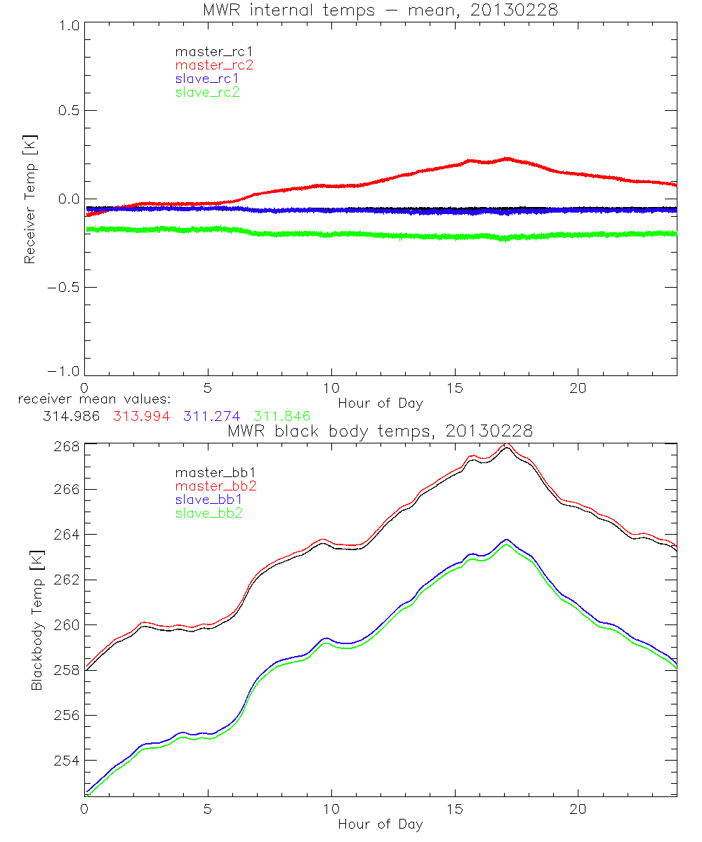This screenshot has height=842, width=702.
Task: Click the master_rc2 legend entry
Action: [x=213, y=65]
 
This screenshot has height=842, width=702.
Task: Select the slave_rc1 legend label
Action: [x=207, y=78]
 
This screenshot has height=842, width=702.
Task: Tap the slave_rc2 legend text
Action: [x=207, y=91]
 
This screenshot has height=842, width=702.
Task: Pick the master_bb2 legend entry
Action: [x=216, y=486]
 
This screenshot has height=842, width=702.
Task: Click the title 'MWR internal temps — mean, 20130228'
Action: [x=380, y=9]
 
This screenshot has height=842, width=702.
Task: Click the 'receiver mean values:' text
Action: [x=89, y=399]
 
